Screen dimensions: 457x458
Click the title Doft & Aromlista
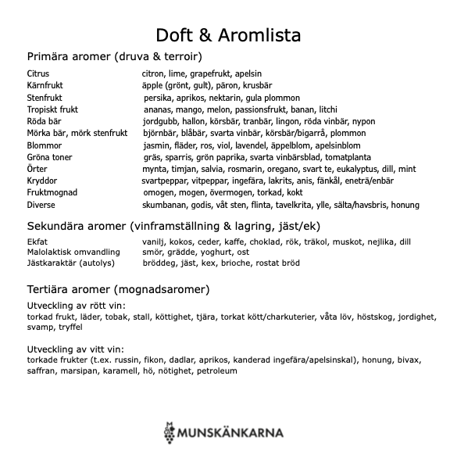point(228,35)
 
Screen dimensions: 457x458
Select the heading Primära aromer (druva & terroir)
point(115,56)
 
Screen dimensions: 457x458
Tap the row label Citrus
point(37,73)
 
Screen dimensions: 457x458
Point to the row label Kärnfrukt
point(45,85)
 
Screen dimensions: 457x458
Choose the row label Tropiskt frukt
point(52,109)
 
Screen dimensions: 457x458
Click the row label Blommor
point(44,145)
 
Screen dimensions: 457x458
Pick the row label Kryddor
point(42,181)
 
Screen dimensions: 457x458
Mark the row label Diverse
point(41,205)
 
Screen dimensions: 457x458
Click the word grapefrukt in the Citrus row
point(209,73)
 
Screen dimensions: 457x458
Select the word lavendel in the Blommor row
point(251,145)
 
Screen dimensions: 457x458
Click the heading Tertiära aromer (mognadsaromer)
point(118,289)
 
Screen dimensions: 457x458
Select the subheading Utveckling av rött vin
point(76,306)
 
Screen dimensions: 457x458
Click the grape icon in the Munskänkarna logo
point(170,431)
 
